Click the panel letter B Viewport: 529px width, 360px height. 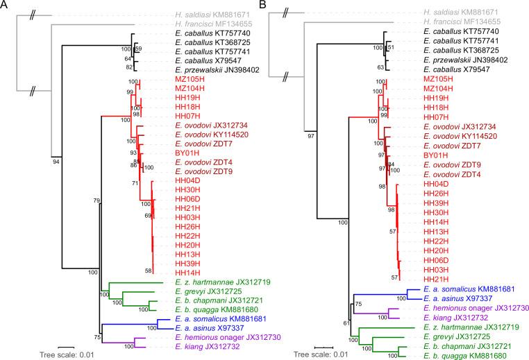(272, 6)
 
